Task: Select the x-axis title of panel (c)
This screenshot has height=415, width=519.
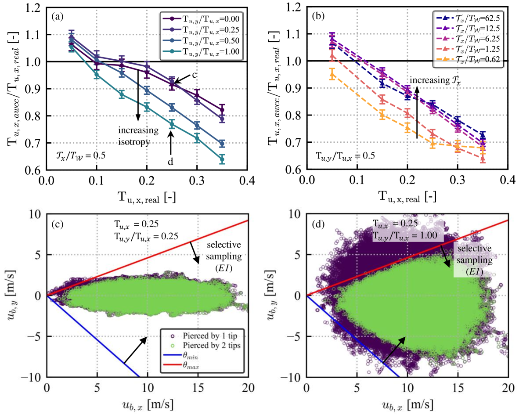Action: pyautogui.click(x=147, y=403)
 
